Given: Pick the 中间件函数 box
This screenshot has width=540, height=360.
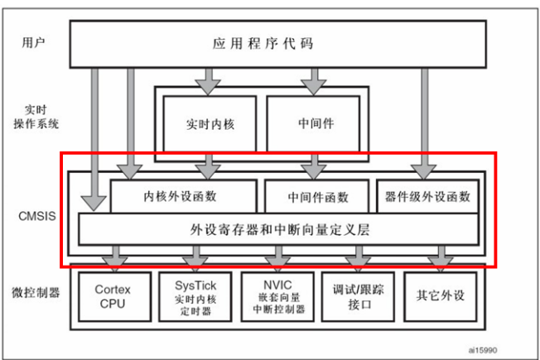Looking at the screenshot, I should [x=317, y=197].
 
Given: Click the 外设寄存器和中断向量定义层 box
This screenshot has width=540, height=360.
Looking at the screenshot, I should [x=279, y=229].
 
